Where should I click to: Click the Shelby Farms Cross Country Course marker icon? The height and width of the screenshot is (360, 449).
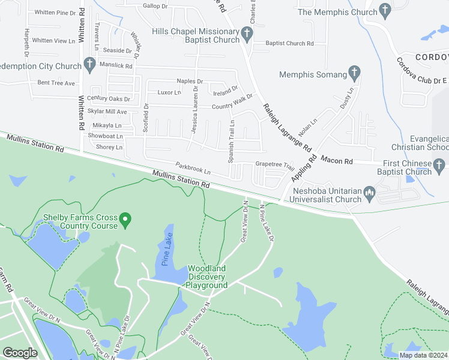pos(125,221)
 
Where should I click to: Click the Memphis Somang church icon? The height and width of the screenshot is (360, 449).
pos(354,74)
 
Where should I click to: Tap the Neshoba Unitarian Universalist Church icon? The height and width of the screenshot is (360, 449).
pos(369,192)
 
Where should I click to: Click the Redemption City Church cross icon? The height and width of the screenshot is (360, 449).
pos(90,62)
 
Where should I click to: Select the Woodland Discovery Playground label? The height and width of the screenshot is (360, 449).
pos(206,277)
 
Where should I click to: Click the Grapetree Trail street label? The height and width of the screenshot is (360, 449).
pos(274,163)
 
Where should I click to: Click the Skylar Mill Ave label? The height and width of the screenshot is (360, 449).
pos(107,112)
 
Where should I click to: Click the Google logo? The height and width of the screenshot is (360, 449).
pos(20,353)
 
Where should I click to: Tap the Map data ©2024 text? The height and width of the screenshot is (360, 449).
pos(423,355)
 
